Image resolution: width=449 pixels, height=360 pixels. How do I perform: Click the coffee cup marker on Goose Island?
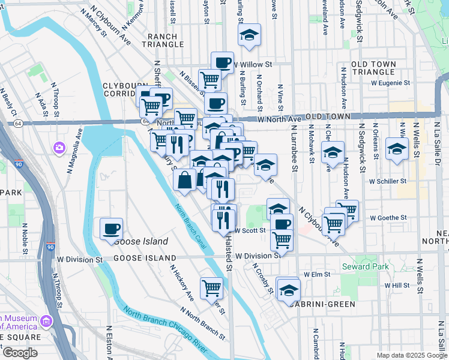112,229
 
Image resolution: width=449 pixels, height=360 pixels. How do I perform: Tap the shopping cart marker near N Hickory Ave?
211,289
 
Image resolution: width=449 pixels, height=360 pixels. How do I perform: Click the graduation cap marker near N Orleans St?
397,149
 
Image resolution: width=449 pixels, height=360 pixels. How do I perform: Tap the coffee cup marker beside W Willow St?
222,62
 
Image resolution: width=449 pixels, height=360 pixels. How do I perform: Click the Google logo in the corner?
19,353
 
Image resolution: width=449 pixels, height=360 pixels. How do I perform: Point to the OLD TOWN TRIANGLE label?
382,68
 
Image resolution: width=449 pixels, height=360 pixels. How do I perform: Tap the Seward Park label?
365,266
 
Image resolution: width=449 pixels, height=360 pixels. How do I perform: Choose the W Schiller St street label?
388,181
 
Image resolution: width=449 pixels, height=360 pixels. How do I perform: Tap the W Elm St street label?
317,274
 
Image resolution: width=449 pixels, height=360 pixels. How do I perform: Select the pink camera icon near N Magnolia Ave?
59,147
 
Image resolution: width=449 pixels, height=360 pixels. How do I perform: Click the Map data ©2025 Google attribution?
411,355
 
